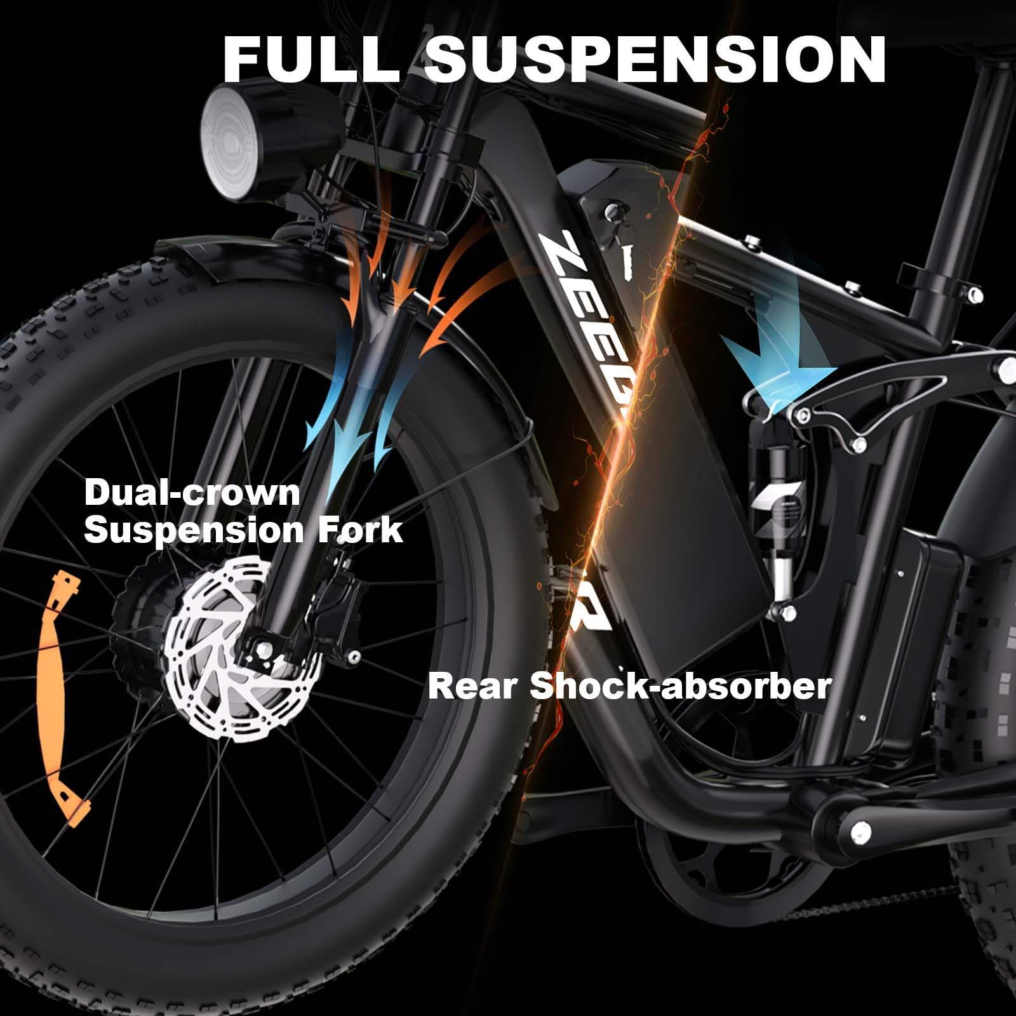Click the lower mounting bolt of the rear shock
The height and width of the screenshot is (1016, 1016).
786,613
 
